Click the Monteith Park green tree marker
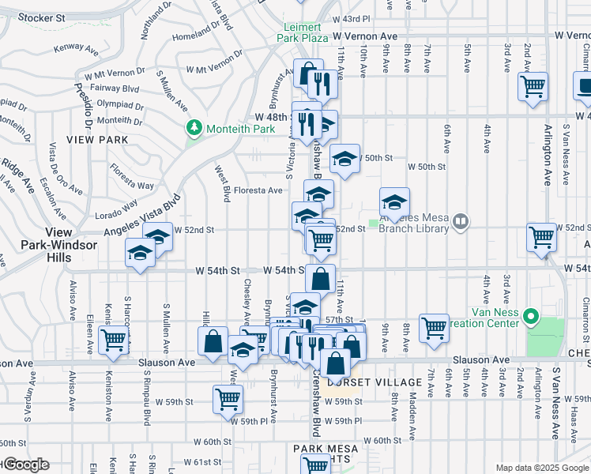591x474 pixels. click(194, 127)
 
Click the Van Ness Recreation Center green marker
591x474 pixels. click(533, 318)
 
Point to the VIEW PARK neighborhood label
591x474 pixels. click(97, 139)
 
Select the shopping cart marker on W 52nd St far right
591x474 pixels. click(542, 236)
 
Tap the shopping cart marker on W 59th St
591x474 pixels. click(228, 399)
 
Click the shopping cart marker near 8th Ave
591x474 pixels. click(434, 327)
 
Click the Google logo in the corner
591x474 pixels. click(25, 465)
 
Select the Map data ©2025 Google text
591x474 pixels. click(542, 468)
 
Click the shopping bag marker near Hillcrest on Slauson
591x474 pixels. click(214, 342)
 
